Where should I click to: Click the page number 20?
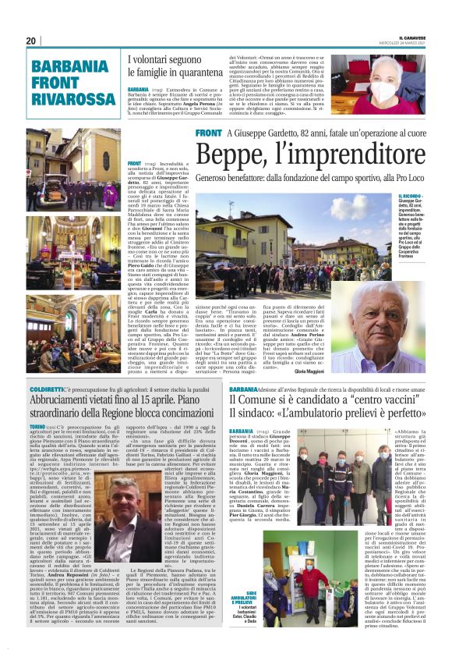point(30,41)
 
